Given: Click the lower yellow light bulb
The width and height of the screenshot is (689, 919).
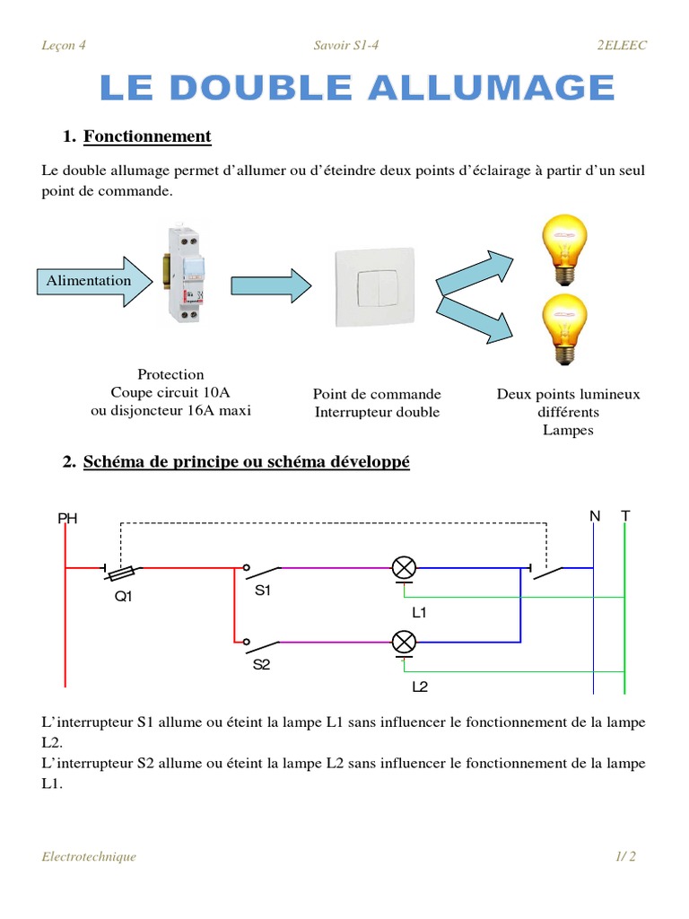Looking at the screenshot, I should coord(565,328).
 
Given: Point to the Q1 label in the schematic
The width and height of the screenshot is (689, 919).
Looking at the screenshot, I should coord(123,596).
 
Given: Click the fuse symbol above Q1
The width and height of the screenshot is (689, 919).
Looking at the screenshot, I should coord(123,568).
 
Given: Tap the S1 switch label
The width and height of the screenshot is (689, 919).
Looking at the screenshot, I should coord(262,591).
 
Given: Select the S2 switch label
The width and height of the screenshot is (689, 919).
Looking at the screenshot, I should coord(262,665).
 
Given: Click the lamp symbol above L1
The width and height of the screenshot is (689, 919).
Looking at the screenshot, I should coord(405,567).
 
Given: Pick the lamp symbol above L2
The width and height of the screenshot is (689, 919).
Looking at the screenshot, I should coord(405,642).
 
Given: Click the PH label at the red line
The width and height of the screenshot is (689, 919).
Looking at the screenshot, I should coord(67,518).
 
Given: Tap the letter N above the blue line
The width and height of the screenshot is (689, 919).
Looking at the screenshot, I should coord(594,516).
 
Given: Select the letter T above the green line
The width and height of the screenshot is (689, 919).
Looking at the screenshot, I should coord(625,516).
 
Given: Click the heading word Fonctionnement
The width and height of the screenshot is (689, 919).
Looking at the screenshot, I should coord(147,136).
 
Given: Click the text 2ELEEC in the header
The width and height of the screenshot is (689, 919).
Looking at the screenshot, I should coord(622,46).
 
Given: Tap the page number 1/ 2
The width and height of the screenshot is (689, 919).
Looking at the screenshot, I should coord(625,856).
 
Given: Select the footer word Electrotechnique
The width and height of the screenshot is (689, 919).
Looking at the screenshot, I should coord(89,856).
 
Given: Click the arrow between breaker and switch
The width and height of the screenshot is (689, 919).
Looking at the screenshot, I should coord(271,285).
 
